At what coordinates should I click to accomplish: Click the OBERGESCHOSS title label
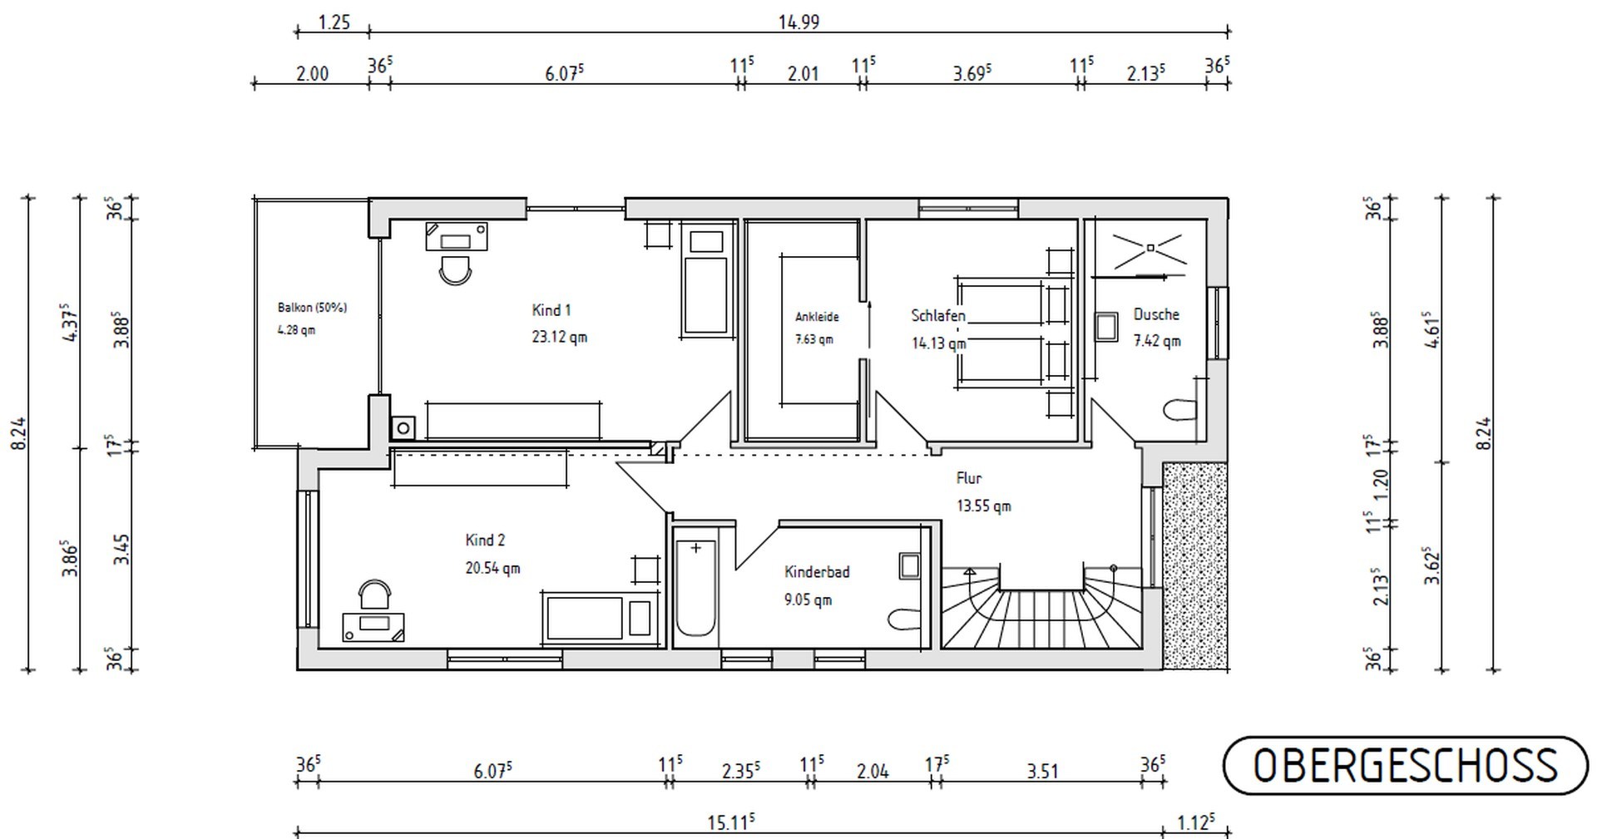(1405, 765)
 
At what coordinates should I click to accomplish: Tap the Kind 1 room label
(551, 310)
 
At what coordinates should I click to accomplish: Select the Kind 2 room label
(485, 540)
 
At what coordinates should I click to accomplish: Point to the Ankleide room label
(817, 317)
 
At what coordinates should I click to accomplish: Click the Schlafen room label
(938, 315)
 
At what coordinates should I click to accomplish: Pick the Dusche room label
(1156, 314)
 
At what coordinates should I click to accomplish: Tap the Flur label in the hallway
(969, 478)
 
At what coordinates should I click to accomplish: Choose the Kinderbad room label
(817, 572)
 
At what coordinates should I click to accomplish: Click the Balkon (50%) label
(312, 308)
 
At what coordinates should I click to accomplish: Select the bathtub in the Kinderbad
(695, 588)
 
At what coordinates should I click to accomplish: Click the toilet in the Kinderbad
(902, 619)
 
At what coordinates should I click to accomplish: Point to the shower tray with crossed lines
(1149, 247)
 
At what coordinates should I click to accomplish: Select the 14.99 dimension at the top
(798, 22)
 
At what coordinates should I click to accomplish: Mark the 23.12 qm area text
(560, 338)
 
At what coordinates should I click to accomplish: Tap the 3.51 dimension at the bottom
(1042, 772)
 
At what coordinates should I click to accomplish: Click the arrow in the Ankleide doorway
(869, 324)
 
